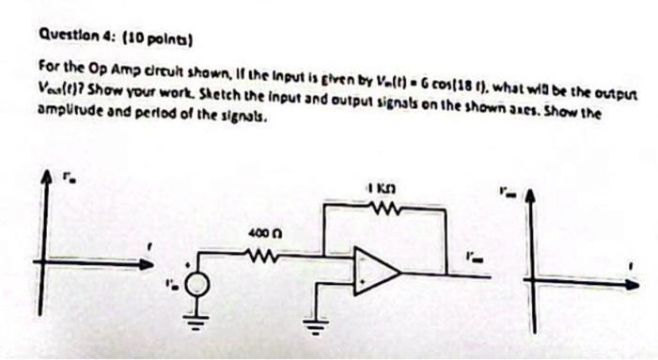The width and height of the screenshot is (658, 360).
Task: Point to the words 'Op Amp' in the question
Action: coord(103,70)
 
